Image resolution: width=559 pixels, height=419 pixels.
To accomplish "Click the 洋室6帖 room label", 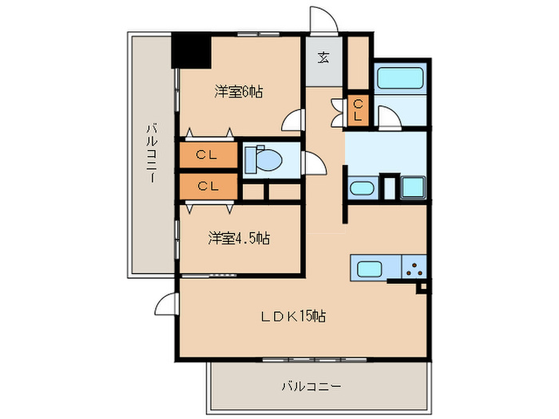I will [x=239, y=92].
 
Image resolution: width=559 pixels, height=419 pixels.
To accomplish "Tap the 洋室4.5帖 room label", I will [x=239, y=238].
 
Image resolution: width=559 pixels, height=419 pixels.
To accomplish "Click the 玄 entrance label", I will [x=323, y=57].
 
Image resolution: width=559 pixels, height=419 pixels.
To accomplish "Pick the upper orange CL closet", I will [x=208, y=156].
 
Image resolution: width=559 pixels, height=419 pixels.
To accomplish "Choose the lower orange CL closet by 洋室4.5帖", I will [x=208, y=186].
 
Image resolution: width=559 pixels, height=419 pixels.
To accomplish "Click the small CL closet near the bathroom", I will [x=357, y=109].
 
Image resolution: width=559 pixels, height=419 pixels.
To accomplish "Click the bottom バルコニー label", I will [x=311, y=386].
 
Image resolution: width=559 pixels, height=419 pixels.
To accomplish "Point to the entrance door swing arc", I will [x=323, y=19].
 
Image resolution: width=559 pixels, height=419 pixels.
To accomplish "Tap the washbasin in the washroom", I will [x=362, y=189].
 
